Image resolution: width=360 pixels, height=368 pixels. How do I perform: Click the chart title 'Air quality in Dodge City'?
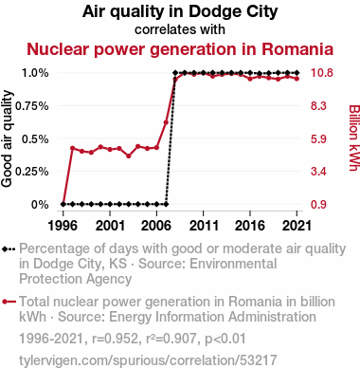180,11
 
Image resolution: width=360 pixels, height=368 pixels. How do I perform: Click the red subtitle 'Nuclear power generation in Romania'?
180,49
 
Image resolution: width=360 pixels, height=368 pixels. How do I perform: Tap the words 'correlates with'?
180,29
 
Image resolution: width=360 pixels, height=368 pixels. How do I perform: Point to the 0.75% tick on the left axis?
32,106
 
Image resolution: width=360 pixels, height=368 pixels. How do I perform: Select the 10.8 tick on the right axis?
322,73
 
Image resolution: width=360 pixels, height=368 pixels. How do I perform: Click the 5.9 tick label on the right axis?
318,138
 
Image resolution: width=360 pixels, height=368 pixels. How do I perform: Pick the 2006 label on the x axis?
156,226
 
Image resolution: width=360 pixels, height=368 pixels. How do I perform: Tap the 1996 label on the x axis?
63,226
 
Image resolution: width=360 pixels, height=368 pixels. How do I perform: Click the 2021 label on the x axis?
297,226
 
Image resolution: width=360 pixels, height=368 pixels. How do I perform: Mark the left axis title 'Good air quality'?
7,138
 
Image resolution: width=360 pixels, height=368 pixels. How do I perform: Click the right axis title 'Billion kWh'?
354,138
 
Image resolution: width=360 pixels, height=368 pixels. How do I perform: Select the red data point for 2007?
166,122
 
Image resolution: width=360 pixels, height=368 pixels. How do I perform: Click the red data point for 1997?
72,148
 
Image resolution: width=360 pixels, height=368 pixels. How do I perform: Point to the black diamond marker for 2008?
175,73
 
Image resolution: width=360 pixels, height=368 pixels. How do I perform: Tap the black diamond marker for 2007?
166,204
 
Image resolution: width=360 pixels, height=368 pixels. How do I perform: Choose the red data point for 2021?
297,79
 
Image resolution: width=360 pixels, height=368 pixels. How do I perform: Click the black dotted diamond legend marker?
9,248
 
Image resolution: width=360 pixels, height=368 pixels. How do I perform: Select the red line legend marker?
9,302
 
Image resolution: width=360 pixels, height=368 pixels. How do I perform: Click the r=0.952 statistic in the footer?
115,339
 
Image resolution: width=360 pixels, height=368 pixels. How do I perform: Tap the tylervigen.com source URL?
148,360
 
